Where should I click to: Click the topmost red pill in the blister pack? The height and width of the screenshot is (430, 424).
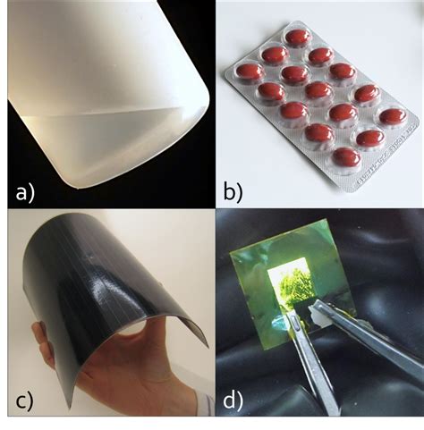click(299, 37)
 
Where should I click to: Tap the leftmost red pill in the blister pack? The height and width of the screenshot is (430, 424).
click(248, 72)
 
